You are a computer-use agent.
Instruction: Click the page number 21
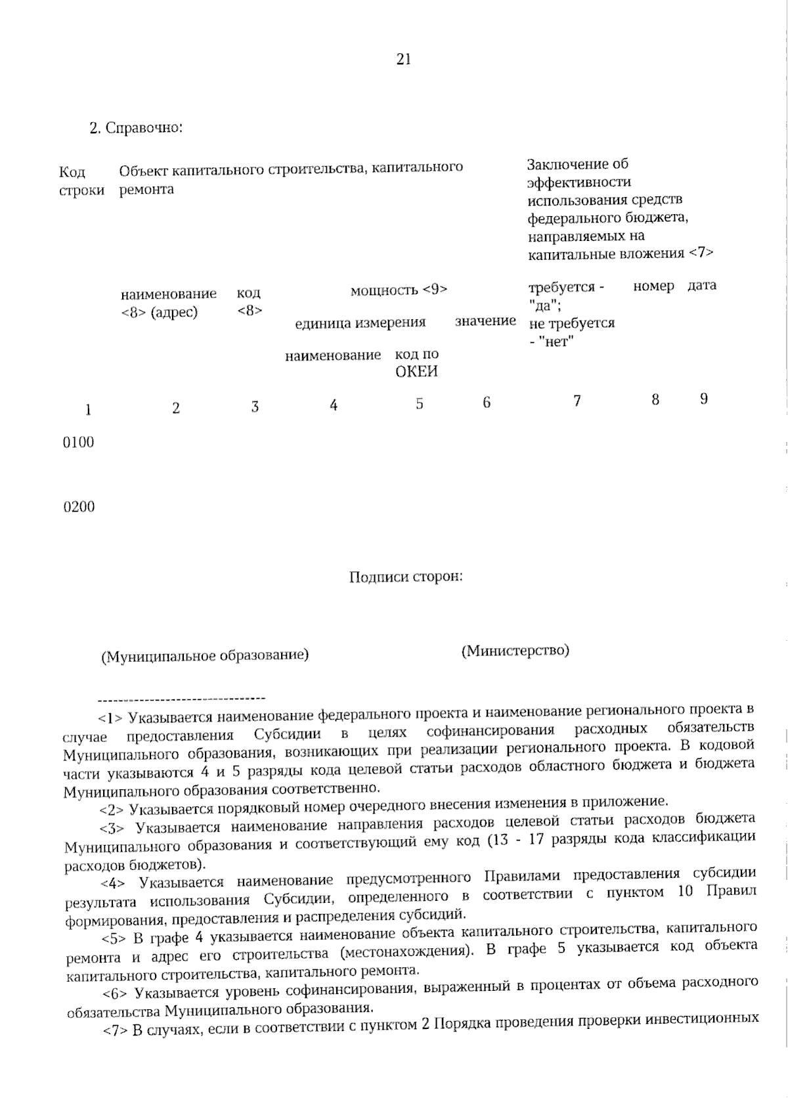[403, 60]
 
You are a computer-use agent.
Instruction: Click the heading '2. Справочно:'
[135, 127]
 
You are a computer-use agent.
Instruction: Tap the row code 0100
[78, 442]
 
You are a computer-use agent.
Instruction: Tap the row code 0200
[78, 507]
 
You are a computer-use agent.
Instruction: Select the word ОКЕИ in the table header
[416, 372]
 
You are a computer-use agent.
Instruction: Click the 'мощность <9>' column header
[399, 290]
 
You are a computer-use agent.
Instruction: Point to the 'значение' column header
[485, 321]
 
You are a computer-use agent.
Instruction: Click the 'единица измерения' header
[360, 322]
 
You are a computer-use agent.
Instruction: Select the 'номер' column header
[653, 286]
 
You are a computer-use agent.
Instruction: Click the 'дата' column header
[702, 286]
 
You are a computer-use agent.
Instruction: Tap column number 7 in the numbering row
[577, 401]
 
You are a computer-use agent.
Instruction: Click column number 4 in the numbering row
[334, 405]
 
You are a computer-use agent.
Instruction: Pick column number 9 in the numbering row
[703, 399]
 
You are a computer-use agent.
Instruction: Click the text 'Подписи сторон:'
[406, 577]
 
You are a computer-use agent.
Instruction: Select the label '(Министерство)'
[515, 651]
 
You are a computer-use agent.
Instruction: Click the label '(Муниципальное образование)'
[204, 655]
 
